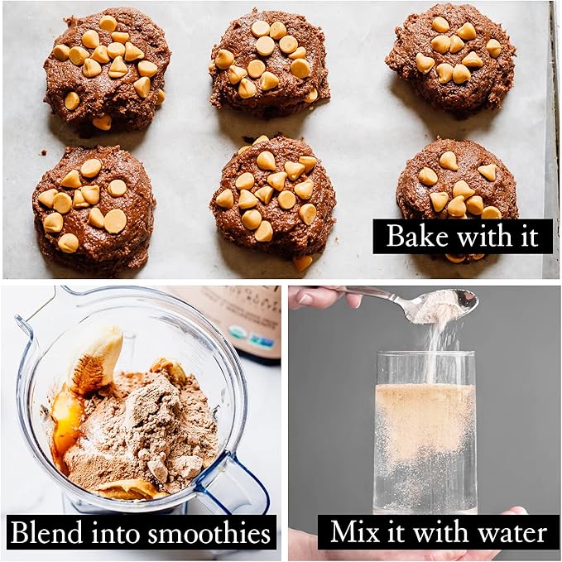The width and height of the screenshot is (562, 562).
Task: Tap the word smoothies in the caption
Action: coord(209,533)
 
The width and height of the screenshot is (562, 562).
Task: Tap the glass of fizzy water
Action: coord(425,431)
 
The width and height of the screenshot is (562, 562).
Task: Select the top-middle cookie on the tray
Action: coord(269,64)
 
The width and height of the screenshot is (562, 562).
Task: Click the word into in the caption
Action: coord(115,532)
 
